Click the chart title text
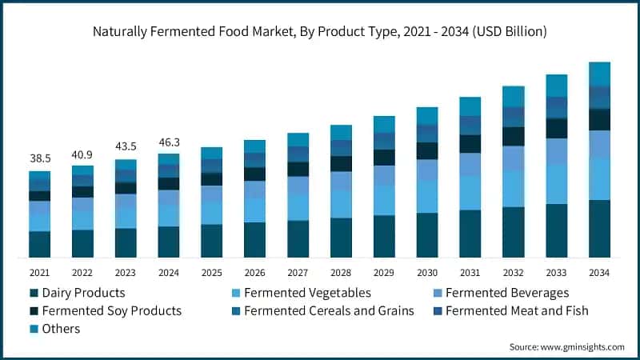point(320,32)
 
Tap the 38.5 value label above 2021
point(39,159)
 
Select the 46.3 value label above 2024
point(168,142)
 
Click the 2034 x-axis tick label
point(599,274)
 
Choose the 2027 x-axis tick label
point(298,274)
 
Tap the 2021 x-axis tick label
point(39,274)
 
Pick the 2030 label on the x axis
point(427,274)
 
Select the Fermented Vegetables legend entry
point(300,293)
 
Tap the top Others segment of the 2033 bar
point(556,86)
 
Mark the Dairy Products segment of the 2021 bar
point(39,244)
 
